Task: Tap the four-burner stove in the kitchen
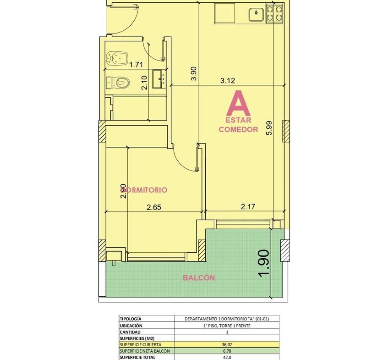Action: click(x=274, y=13)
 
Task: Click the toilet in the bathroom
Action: click(x=118, y=83)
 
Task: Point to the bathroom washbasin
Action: click(x=159, y=79)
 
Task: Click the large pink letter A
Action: click(x=238, y=103)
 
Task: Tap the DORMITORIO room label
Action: click(x=144, y=190)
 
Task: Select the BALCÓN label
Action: click(x=199, y=278)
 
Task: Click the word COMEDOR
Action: click(x=239, y=129)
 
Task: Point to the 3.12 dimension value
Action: click(x=227, y=81)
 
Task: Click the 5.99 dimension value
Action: click(x=269, y=127)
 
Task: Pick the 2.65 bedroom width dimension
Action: click(x=154, y=207)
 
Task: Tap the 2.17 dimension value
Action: click(x=248, y=206)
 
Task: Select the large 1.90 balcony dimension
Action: click(x=263, y=263)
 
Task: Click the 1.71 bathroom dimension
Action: click(x=137, y=65)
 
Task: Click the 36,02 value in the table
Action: click(x=227, y=345)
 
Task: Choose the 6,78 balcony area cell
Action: click(x=227, y=351)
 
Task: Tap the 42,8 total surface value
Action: click(x=227, y=358)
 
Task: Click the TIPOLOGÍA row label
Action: click(x=131, y=319)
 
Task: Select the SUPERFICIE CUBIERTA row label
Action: click(x=141, y=345)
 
